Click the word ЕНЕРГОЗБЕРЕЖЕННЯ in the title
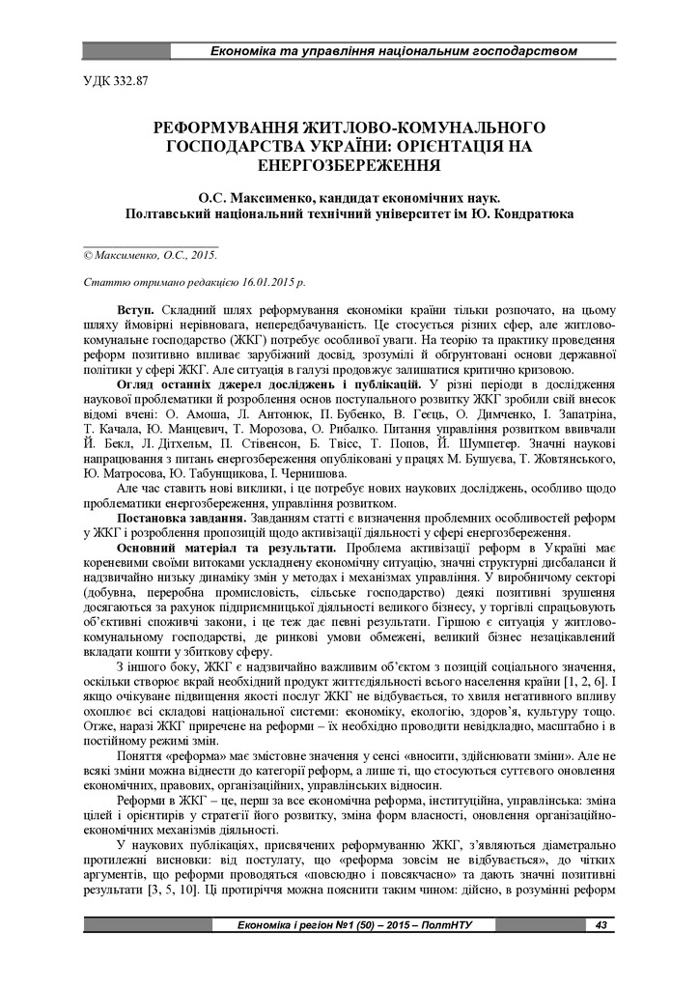[349, 164]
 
